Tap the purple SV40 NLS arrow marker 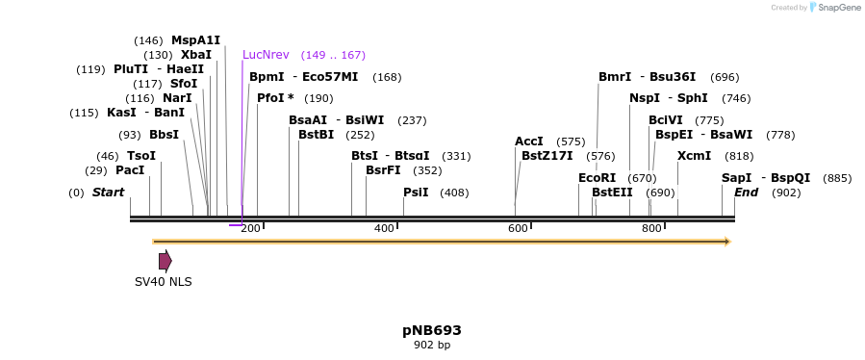165,260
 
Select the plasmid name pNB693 431,330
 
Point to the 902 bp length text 431,345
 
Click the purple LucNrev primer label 266,55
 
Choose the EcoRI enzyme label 597,178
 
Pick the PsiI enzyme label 416,193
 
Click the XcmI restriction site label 694,156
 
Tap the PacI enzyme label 130,170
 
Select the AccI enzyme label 529,141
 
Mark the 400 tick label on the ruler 384,228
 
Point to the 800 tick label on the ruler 651,228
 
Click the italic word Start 108,193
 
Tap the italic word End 747,193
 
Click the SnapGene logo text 839,8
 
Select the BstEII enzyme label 612,193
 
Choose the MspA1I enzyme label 195,40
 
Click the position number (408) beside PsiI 454,193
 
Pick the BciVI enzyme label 665,120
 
